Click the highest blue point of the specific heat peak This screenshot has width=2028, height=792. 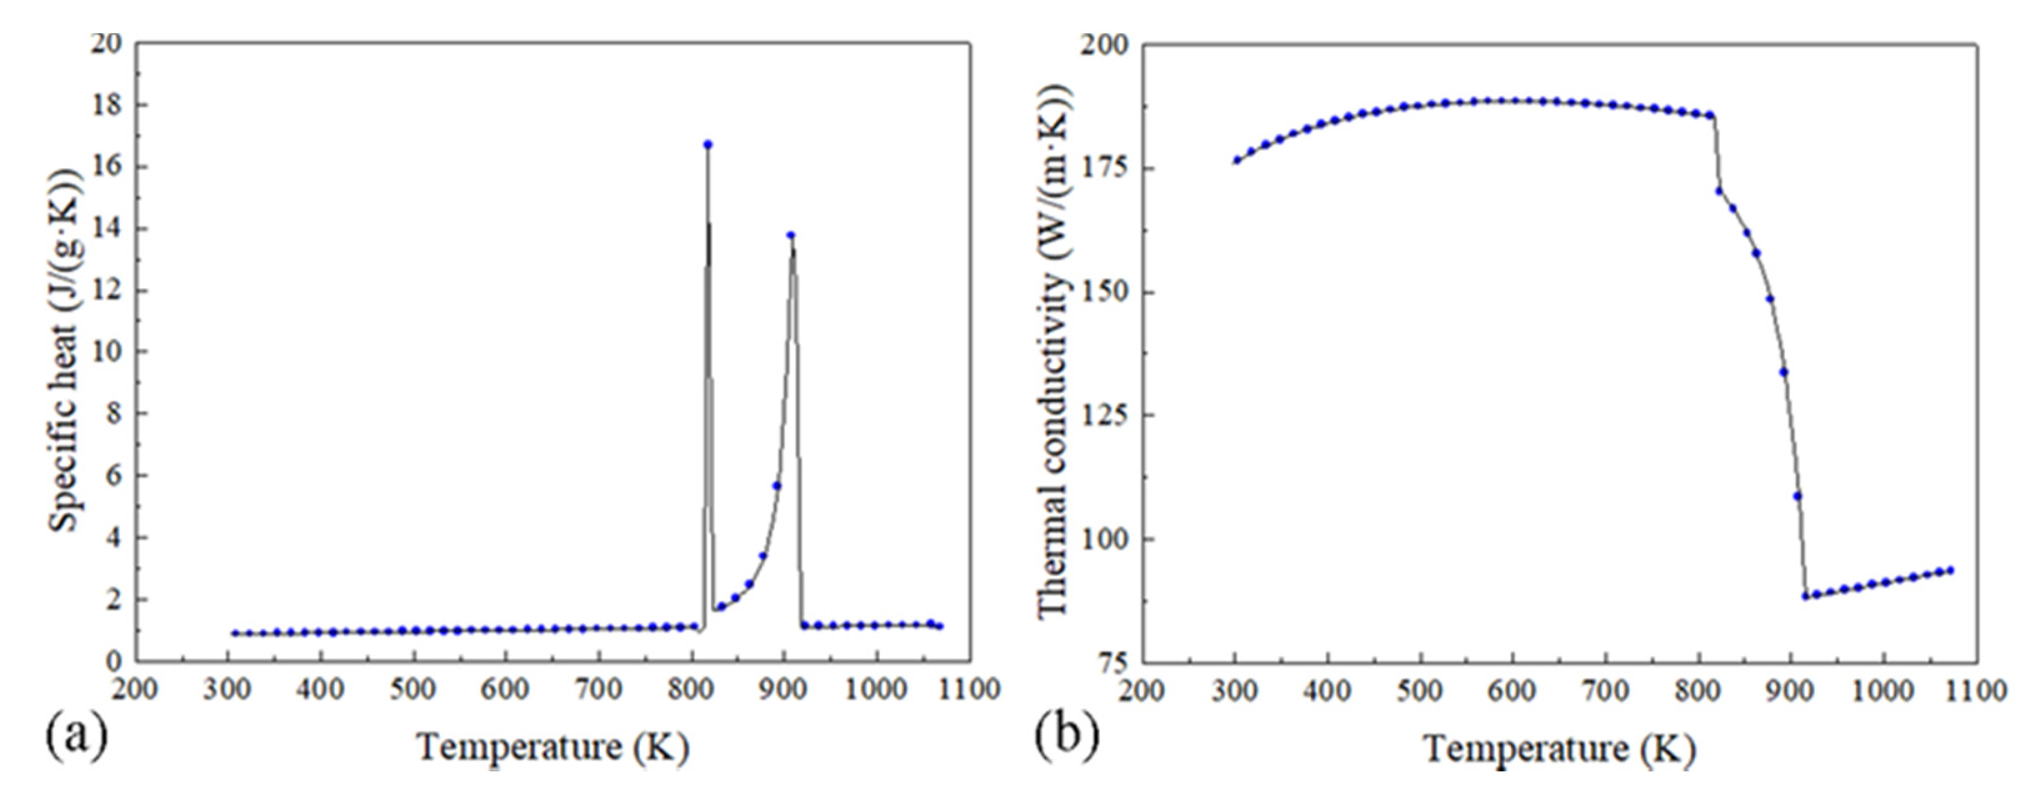(707, 144)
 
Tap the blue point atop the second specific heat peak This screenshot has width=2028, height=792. (791, 234)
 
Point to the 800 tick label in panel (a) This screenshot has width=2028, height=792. (691, 689)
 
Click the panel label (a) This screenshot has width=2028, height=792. (76, 737)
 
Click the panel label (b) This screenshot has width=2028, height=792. (1067, 737)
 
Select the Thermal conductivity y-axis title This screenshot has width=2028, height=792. (1053, 350)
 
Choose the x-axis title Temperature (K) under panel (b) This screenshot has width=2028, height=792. (1559, 748)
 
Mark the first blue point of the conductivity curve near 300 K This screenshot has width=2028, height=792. (1237, 160)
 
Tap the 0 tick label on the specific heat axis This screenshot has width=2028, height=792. (115, 662)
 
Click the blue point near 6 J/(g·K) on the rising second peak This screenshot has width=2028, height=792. (776, 486)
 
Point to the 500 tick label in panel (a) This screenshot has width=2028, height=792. (413, 689)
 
